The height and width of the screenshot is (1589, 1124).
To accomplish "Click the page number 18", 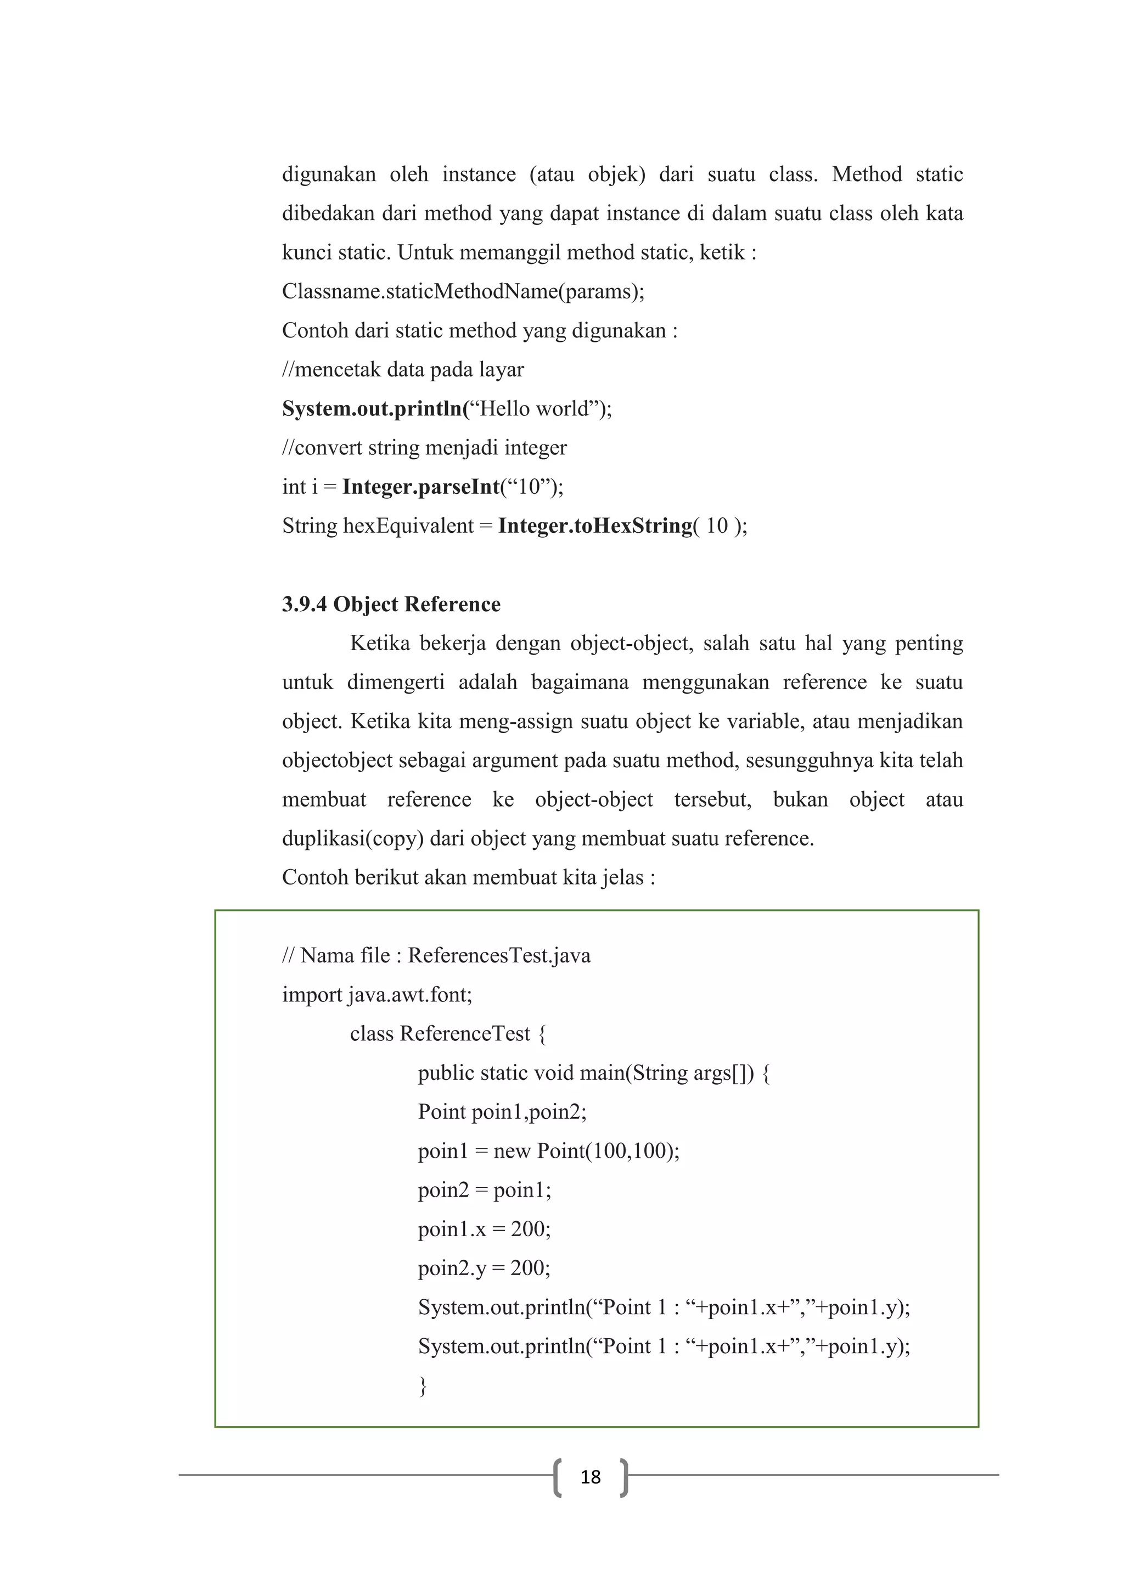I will coord(591,1478).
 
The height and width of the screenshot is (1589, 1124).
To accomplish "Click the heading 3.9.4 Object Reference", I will coord(391,604).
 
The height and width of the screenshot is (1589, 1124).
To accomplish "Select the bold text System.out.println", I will coord(372,409).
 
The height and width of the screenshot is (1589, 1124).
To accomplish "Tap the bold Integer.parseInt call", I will coord(421,487).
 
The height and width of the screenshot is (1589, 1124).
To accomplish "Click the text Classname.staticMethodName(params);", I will coord(463,291).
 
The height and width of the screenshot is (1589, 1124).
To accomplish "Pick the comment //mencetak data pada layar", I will coord(403,370).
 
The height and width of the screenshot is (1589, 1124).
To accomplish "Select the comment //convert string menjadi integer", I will coord(424,448).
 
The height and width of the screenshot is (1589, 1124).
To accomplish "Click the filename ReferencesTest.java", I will coord(499,956).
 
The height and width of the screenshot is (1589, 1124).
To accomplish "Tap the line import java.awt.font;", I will coord(377,995).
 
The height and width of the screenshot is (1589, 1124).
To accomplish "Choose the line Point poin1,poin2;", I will coord(502,1112).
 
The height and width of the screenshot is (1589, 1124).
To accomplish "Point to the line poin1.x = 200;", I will coord(484,1229).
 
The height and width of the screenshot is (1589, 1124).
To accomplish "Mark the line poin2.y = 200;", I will coord(484,1268).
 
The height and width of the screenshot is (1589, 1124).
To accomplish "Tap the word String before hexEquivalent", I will coord(310,526).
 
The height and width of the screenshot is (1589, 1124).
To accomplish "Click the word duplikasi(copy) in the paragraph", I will coord(352,839).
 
